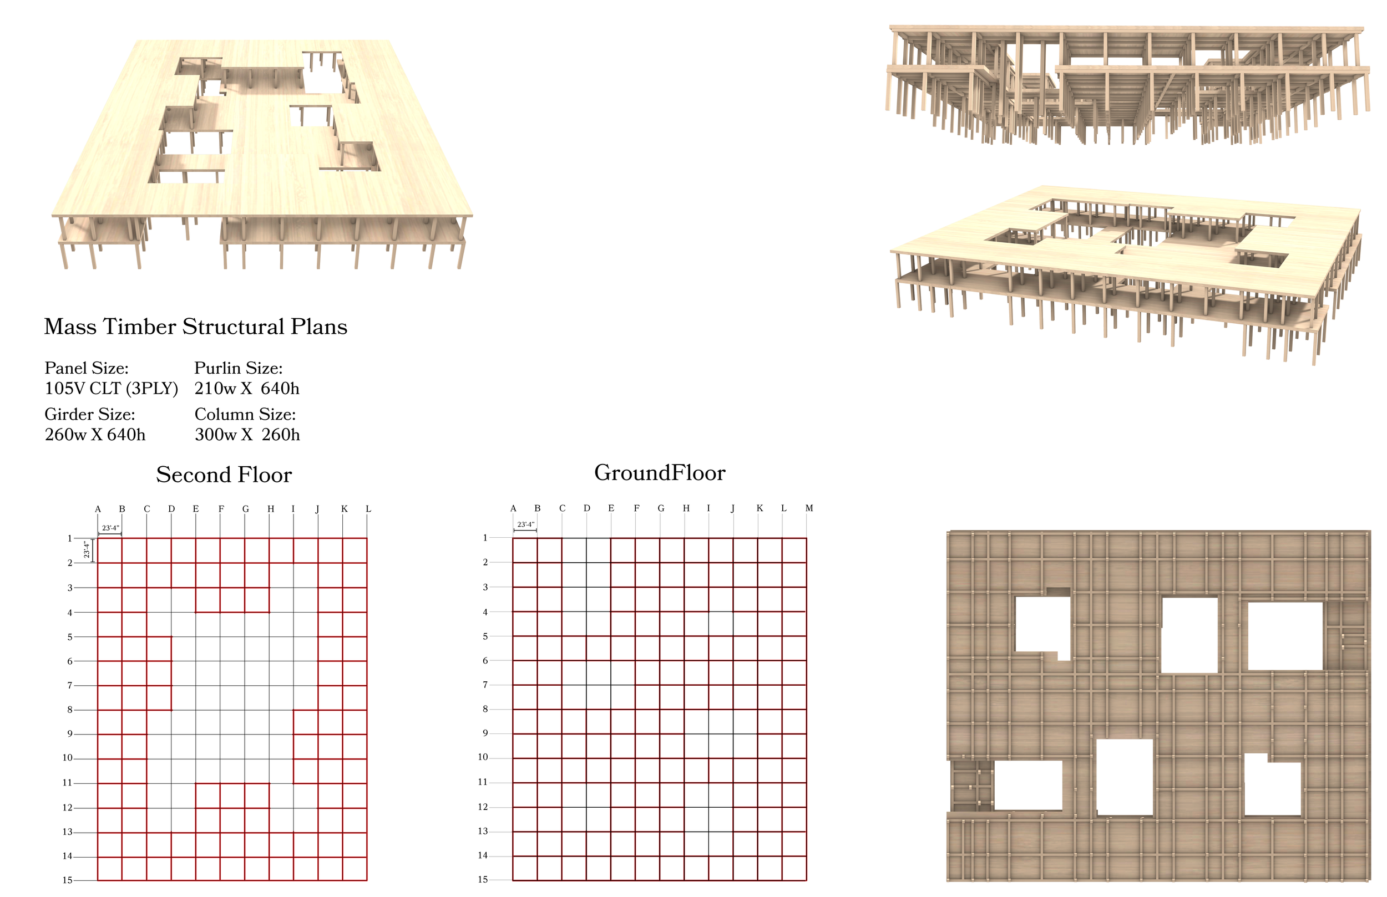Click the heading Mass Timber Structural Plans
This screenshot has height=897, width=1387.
[196, 327]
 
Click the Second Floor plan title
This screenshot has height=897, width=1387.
[224, 475]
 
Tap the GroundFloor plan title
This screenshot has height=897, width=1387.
[660, 472]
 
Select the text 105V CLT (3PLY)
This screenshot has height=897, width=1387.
[112, 389]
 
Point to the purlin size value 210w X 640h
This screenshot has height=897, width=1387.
[246, 389]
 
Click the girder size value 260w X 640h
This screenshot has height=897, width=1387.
[95, 435]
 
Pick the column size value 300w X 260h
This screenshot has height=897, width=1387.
[247, 435]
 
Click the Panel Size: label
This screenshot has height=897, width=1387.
[86, 368]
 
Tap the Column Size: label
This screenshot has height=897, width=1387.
[245, 414]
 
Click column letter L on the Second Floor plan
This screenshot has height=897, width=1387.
[368, 509]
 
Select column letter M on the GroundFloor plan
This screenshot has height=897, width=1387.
[809, 508]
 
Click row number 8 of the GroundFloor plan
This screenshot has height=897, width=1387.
[485, 709]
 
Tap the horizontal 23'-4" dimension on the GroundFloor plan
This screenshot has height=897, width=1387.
[525, 525]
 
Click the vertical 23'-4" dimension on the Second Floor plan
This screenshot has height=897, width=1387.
[87, 550]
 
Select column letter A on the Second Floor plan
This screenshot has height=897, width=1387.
[98, 509]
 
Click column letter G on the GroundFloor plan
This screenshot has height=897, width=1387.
[661, 508]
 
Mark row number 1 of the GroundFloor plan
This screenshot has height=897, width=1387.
[485, 538]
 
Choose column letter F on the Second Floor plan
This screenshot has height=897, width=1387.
[221, 509]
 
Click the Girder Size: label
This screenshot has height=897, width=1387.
[90, 414]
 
